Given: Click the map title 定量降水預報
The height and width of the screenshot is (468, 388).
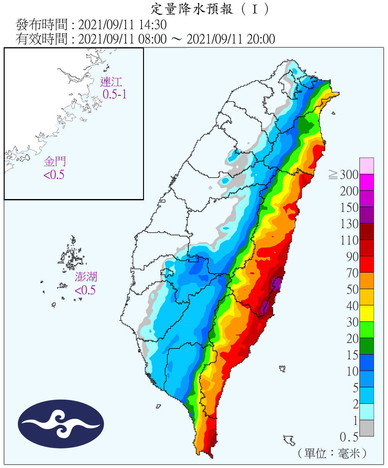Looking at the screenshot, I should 192,9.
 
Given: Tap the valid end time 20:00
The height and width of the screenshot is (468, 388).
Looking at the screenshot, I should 261,39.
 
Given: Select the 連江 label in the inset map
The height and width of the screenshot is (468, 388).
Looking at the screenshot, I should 111,82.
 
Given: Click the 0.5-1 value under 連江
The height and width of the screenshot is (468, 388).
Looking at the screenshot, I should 115,94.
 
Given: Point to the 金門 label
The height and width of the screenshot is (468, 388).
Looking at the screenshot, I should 55,162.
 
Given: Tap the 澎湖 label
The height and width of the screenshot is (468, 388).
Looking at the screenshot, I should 86,277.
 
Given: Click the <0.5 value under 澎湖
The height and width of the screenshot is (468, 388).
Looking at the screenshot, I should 85,290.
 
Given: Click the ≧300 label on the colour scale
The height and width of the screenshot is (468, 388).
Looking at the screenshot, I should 343,175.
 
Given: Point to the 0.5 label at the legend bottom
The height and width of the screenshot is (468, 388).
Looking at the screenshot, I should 349,437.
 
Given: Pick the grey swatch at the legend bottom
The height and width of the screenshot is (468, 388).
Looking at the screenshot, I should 366,428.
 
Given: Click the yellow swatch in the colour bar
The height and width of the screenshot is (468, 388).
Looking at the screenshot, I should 366,313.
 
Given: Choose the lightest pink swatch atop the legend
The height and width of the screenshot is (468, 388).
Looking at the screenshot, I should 366,166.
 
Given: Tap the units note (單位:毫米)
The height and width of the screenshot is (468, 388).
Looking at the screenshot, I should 332,453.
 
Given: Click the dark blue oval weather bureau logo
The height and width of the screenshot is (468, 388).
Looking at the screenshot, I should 61,424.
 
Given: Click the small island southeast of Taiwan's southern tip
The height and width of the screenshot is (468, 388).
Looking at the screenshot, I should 290,440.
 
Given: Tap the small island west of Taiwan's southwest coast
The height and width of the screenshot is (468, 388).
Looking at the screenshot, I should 159,406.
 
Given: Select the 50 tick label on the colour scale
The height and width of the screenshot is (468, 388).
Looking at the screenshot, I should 352,290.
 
